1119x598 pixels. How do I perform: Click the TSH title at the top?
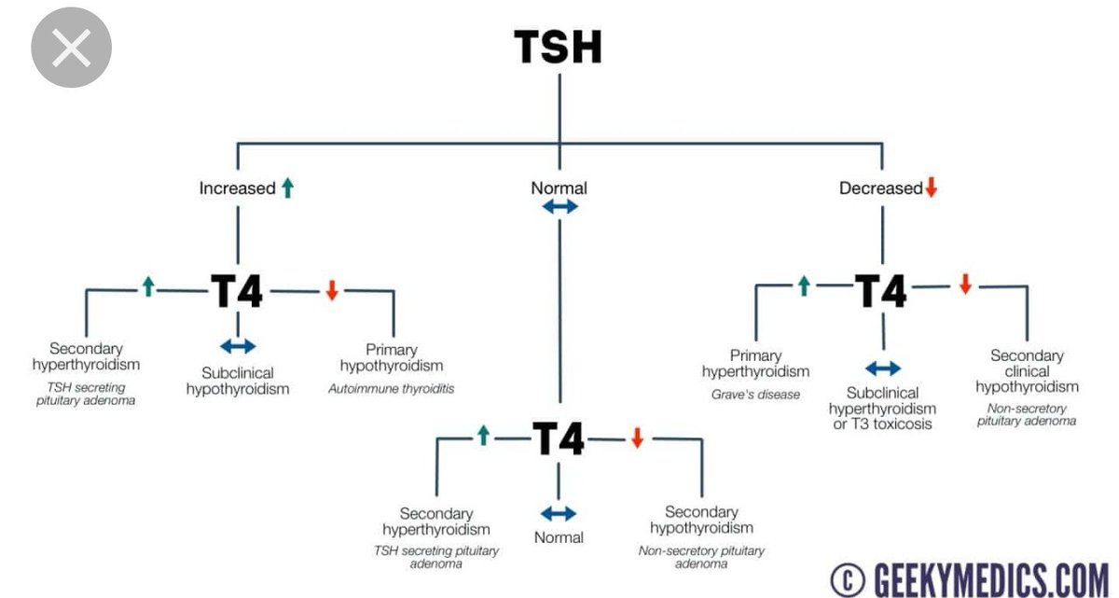click(559, 47)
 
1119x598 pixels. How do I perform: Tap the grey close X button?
click(72, 47)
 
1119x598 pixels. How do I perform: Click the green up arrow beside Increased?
click(287, 188)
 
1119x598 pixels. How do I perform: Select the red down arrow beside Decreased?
click(930, 188)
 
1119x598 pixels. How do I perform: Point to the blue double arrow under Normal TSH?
click(559, 207)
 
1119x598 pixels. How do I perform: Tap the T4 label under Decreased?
click(881, 291)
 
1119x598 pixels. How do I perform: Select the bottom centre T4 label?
click(558, 438)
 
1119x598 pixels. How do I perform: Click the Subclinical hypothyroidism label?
click(238, 380)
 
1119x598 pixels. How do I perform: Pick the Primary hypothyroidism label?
click(392, 358)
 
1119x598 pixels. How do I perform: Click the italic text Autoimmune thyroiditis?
click(392, 388)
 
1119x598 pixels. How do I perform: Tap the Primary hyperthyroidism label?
click(755, 363)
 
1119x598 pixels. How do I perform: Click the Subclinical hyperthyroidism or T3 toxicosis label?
click(883, 409)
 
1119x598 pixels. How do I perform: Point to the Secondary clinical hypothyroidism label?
click(1027, 371)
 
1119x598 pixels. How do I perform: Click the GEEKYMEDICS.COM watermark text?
click(989, 579)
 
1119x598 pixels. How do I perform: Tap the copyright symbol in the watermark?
click(847, 579)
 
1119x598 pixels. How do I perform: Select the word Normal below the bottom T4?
click(559, 537)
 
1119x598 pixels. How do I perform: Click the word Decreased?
click(880, 188)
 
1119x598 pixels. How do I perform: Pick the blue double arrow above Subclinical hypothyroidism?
click(238, 346)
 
